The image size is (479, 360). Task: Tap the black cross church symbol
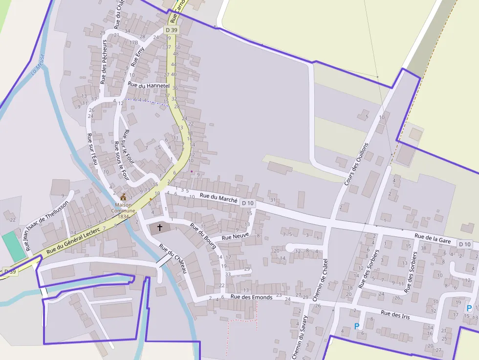pyautogui.click(x=159, y=227)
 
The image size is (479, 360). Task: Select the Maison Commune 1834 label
pyautogui.click(x=123, y=211)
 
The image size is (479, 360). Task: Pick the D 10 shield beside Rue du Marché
pyautogui.click(x=248, y=203)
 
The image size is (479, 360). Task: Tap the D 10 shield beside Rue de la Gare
pyautogui.click(x=465, y=244)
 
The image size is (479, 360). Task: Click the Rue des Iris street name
pyautogui.click(x=395, y=315)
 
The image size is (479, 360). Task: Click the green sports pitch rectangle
pyautogui.click(x=14, y=247)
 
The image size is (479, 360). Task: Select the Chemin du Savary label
pyautogui.click(x=299, y=337)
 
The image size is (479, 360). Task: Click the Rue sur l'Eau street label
pyautogui.click(x=92, y=149)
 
